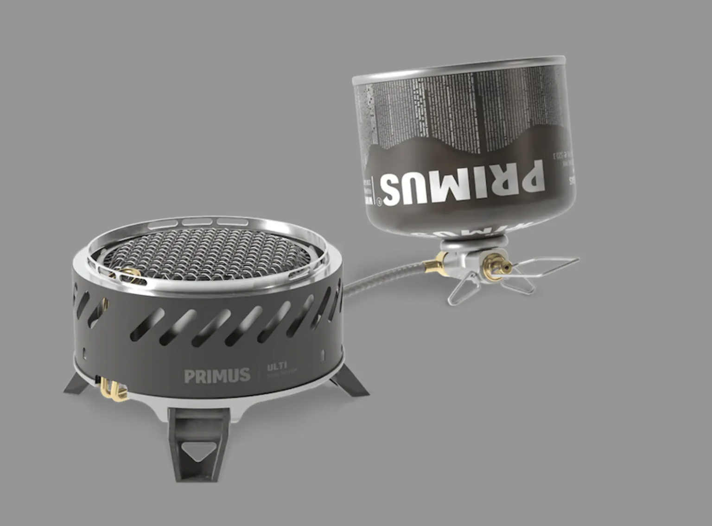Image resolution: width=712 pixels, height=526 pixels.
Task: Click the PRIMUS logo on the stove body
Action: [x=217, y=375]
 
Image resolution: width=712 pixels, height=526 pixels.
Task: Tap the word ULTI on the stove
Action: [x=277, y=367]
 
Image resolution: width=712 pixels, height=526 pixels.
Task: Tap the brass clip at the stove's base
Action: [x=112, y=389]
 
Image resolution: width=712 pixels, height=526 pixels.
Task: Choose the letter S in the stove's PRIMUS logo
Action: [x=243, y=375]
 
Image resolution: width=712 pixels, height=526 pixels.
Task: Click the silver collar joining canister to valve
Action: [x=473, y=244]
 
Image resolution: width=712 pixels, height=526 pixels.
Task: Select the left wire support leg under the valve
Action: [x=461, y=290]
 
